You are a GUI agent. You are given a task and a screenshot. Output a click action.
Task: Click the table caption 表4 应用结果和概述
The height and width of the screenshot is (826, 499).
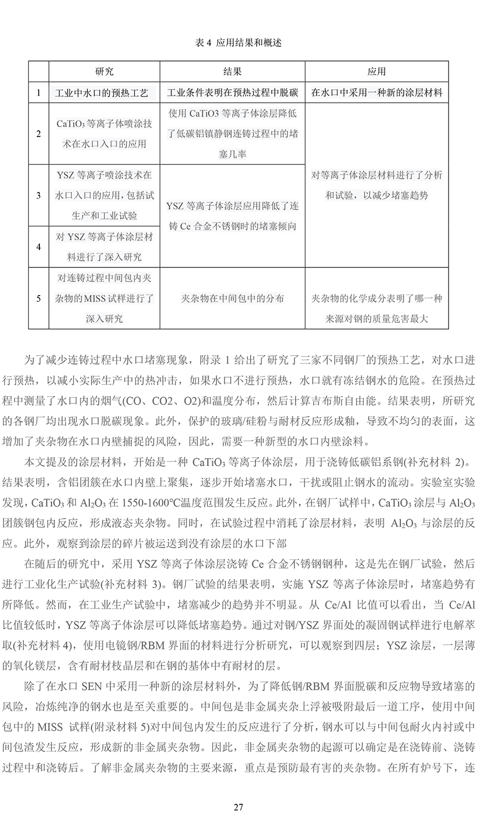(x=238, y=43)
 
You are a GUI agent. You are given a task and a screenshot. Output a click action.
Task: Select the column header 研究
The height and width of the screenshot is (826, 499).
(x=104, y=72)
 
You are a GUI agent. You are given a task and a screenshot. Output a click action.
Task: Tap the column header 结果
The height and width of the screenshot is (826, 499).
(x=232, y=72)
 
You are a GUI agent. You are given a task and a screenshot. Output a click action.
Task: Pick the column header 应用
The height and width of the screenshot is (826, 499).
(x=376, y=72)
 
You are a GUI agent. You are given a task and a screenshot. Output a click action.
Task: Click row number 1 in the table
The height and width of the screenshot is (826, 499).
(x=38, y=93)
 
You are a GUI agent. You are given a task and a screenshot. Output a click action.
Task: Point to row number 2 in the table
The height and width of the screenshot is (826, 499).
(x=38, y=134)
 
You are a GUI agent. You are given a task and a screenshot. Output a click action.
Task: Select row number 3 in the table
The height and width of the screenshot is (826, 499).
(x=38, y=195)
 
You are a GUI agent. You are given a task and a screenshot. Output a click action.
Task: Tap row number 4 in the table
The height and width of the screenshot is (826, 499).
(x=38, y=247)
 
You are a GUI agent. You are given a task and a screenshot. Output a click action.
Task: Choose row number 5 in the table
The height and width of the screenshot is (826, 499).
(x=38, y=298)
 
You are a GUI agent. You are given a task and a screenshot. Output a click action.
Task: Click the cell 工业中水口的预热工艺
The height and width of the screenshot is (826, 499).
(x=104, y=93)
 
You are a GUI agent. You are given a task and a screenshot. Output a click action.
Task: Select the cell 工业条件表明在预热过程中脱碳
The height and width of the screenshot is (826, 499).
(x=232, y=93)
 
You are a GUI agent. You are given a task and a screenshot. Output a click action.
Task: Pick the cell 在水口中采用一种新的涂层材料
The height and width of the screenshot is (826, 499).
(x=376, y=93)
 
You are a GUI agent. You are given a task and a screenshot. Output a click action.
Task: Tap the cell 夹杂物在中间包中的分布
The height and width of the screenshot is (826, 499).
(x=232, y=298)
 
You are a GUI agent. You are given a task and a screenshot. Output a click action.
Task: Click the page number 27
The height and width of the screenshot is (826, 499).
(x=238, y=807)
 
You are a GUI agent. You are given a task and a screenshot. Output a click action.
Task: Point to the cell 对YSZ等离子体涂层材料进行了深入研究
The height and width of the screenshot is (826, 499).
(x=104, y=247)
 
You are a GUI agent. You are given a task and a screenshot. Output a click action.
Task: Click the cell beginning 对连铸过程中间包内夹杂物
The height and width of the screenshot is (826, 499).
(x=104, y=298)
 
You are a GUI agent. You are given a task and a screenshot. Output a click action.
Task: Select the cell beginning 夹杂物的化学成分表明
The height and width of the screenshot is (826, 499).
(x=376, y=308)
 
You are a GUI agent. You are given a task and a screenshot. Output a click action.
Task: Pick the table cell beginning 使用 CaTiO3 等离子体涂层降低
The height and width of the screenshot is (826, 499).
(x=232, y=134)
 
